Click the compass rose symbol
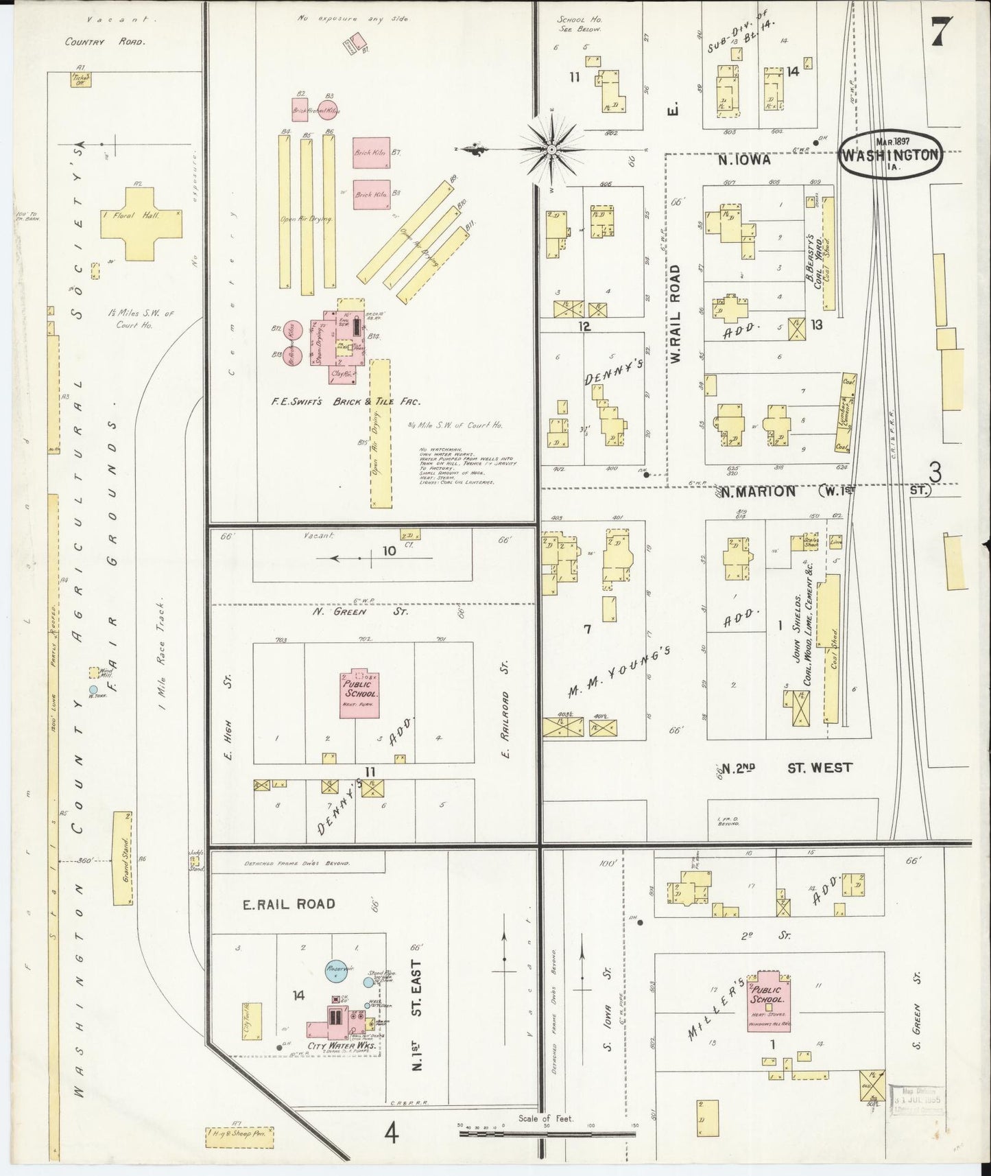(551, 149)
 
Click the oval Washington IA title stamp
(889, 154)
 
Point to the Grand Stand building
(123, 858)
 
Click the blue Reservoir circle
(337, 971)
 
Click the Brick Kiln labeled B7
(371, 153)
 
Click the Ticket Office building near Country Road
(81, 80)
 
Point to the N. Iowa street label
(744, 160)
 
